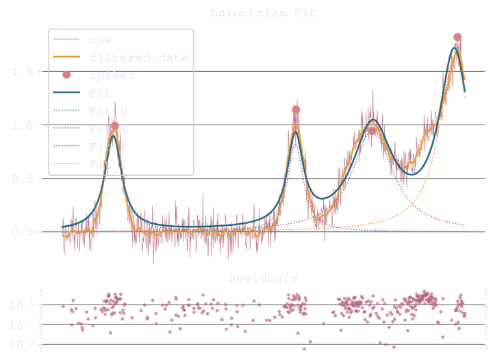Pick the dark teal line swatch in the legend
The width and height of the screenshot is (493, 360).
coord(66,92)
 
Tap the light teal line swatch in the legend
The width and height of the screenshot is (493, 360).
coord(66,110)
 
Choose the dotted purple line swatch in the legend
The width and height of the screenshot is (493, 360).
coord(66,128)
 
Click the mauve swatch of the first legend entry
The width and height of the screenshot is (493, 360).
coord(66,38)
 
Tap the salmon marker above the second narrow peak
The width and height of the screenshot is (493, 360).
coord(296,108)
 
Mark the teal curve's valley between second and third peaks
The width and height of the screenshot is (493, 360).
coord(325,198)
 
